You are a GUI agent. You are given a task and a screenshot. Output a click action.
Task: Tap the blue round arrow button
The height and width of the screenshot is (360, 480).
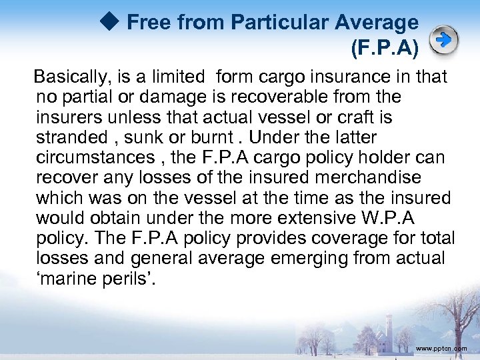[443, 40]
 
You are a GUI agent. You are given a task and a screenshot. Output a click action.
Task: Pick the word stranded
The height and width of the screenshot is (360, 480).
[71, 138]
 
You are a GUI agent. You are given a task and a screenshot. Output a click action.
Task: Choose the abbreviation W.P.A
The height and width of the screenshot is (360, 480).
[414, 218]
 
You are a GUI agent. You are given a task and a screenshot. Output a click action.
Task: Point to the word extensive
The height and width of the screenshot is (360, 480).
[319, 218]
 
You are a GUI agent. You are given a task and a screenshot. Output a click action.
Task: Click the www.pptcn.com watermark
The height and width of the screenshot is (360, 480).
[440, 348]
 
